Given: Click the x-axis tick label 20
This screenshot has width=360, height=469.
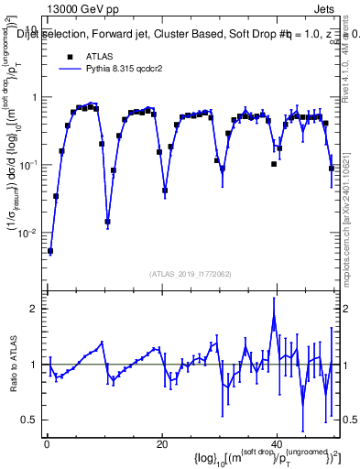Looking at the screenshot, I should click(161, 444).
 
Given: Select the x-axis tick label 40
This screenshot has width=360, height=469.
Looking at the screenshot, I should click(277, 444).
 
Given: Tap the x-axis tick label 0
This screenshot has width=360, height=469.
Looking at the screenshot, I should click(46, 444).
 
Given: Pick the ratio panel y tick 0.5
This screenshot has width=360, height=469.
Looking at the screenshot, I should click(31, 420).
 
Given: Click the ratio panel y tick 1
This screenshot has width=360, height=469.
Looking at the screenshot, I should click(35, 365).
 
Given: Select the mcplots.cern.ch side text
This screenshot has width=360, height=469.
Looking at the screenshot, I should click(351, 220).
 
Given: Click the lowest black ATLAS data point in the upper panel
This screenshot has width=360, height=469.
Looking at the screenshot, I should click(50, 251).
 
